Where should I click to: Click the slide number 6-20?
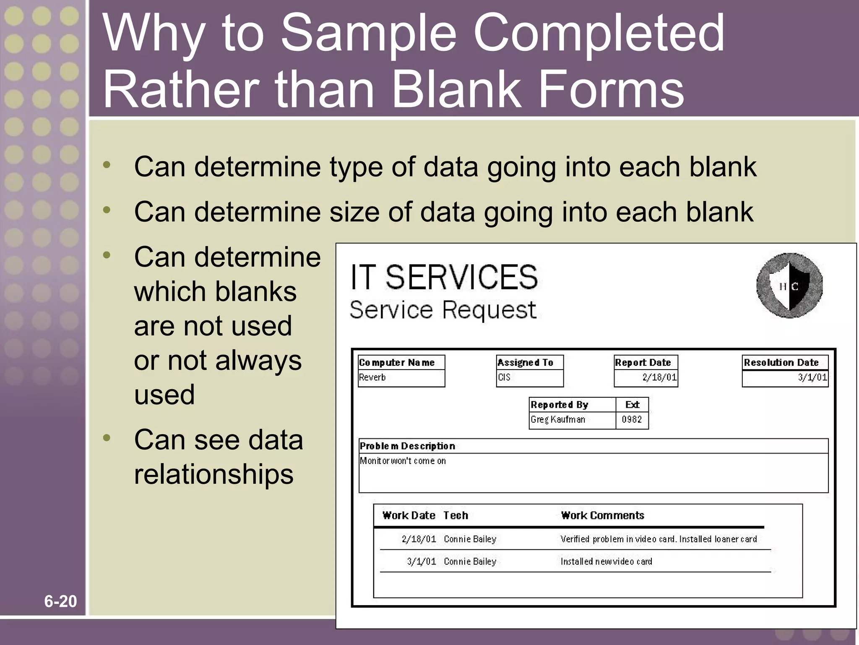click(x=60, y=601)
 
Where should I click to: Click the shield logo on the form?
click(x=789, y=286)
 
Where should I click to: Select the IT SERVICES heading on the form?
click(x=444, y=277)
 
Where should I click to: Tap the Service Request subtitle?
click(x=443, y=310)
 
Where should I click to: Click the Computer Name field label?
click(x=397, y=362)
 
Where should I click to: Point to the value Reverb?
click(x=372, y=377)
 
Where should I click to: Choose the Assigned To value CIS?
click(x=504, y=377)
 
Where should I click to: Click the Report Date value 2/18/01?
click(x=659, y=377)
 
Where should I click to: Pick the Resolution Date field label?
click(x=781, y=362)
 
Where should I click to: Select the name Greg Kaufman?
click(x=557, y=419)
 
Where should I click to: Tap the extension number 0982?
click(x=632, y=419)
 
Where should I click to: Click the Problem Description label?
click(x=407, y=446)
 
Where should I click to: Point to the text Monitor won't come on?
click(x=403, y=461)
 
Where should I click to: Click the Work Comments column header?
click(x=602, y=515)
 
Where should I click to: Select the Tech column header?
click(x=456, y=515)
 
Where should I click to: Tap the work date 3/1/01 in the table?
click(x=422, y=561)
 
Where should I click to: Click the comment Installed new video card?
click(x=606, y=561)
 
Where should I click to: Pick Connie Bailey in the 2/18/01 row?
click(x=470, y=539)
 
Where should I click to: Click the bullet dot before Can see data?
click(x=107, y=438)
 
